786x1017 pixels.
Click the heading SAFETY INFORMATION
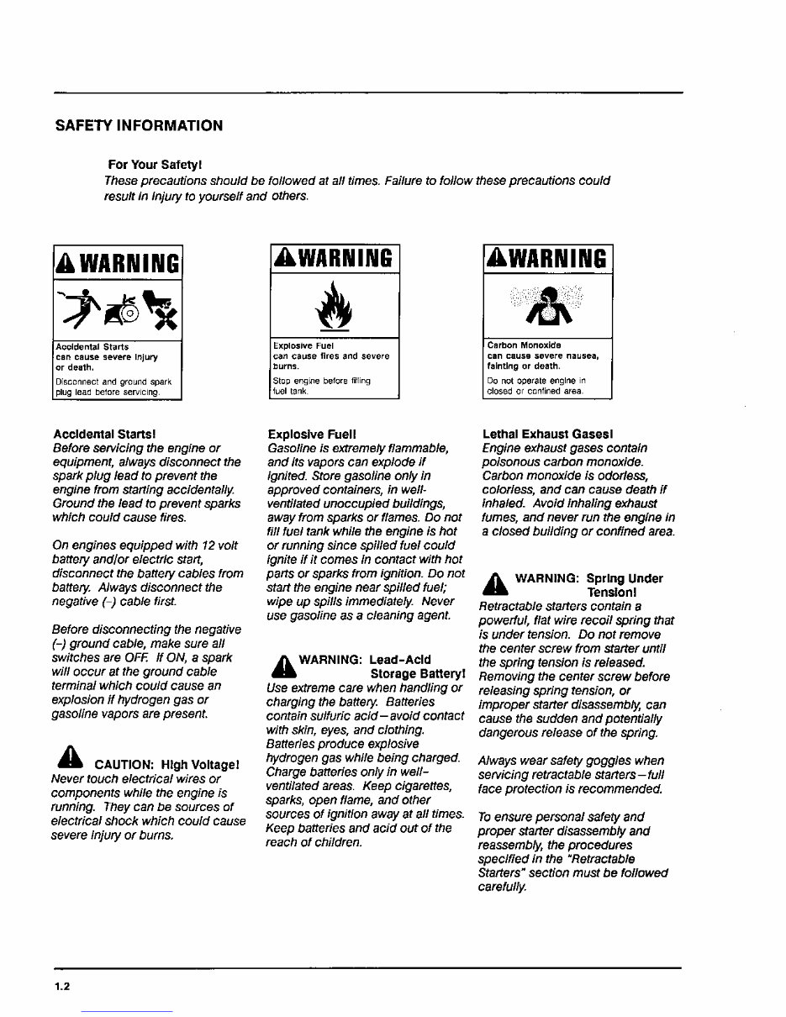point(139,126)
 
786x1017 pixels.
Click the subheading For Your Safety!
point(155,164)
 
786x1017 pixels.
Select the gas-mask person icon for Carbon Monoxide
point(549,306)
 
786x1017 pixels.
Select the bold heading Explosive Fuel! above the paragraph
point(312,435)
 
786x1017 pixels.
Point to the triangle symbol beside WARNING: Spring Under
point(495,581)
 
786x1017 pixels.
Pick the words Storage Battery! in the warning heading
point(418,674)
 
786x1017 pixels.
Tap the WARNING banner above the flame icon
point(334,258)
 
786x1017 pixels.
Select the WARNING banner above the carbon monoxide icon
point(549,258)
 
